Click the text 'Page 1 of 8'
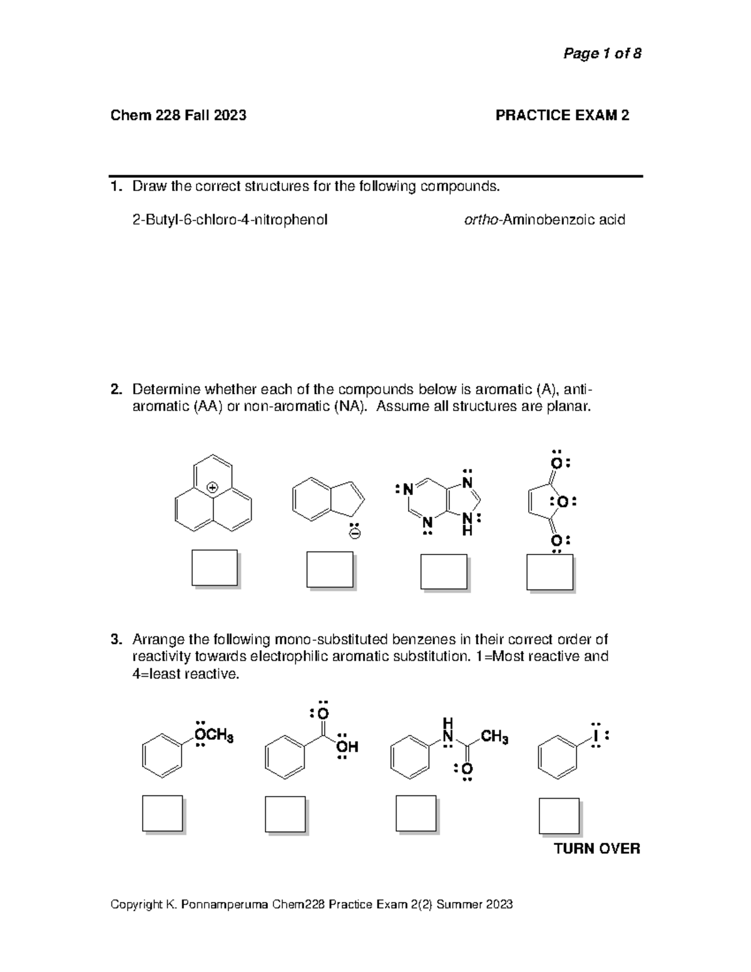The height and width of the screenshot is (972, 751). [602, 54]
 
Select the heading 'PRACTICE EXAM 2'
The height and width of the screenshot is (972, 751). [562, 115]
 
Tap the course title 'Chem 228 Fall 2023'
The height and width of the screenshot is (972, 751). [178, 115]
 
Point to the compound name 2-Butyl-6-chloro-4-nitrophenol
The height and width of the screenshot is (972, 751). [230, 220]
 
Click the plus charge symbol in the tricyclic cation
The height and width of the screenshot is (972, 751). [213, 487]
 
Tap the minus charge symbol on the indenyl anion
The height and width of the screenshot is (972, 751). [354, 534]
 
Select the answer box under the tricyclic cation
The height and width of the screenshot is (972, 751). [214, 568]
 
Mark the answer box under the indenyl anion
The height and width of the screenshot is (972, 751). [329, 569]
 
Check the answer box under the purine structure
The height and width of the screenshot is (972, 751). [443, 571]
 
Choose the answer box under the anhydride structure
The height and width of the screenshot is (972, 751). [549, 572]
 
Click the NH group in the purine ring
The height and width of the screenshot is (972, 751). [466, 524]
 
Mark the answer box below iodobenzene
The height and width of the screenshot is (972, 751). [559, 815]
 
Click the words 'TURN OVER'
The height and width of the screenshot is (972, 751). [597, 849]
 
